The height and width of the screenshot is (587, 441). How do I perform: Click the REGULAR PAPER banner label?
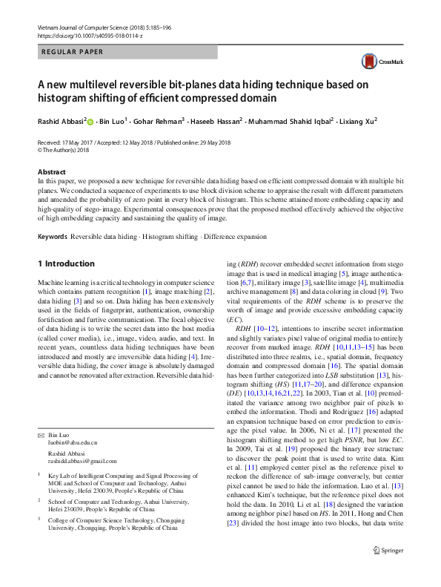coord(72,52)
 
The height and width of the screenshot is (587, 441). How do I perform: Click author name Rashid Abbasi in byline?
coord(61,120)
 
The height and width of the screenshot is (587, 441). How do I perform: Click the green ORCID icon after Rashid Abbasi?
coord(91,120)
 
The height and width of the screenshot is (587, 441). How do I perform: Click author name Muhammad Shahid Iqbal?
coord(288,120)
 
